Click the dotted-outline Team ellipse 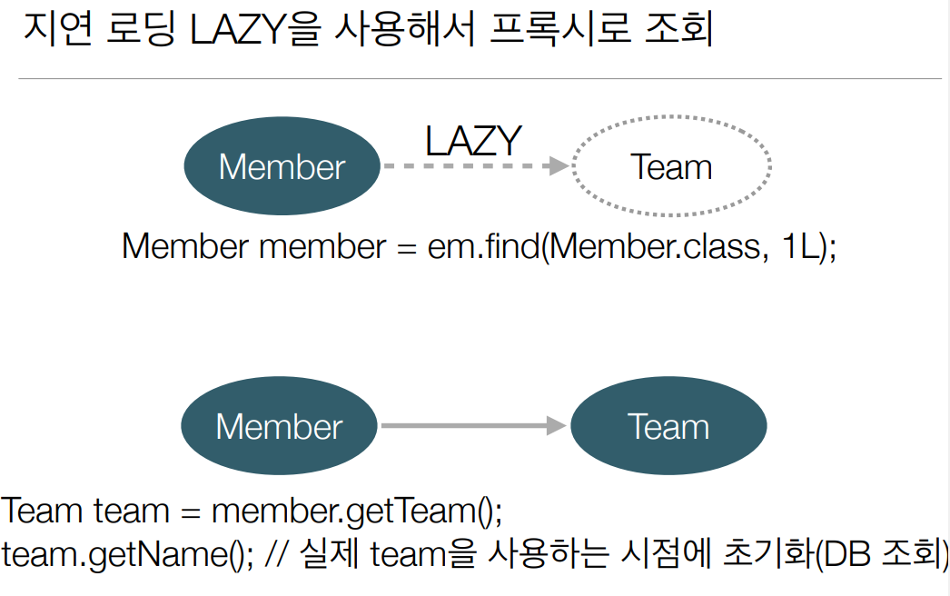pos(671,167)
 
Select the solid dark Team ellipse pos(668,426)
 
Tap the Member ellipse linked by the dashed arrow pos(282,167)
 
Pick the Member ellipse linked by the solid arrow pos(279,426)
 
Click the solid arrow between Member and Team pos(473,425)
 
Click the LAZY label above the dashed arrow pos(473,140)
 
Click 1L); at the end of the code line pos(807,246)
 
